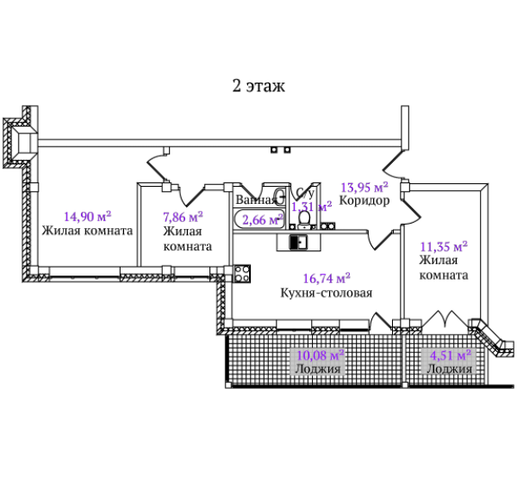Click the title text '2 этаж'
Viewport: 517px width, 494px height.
click(258, 86)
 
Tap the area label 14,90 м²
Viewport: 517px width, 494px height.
click(87, 216)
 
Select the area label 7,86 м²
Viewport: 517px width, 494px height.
click(183, 217)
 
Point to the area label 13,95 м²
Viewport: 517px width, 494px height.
click(364, 187)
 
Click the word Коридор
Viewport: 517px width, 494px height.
click(364, 201)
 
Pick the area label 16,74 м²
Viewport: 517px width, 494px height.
click(327, 278)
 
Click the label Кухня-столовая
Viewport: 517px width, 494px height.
click(327, 293)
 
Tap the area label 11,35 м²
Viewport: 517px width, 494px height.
click(444, 246)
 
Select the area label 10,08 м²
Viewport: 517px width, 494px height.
click(321, 355)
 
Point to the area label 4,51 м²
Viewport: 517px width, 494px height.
click(451, 355)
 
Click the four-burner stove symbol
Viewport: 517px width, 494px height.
click(241, 274)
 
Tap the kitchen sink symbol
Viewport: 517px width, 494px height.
click(298, 243)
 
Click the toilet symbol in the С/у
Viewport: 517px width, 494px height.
click(304, 219)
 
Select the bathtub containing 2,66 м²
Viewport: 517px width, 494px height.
click(259, 219)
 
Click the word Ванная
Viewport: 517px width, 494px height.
click(256, 200)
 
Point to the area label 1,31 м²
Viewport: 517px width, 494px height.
click(312, 207)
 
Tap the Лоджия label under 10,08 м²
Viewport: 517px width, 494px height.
click(318, 368)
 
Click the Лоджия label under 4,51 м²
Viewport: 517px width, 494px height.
click(450, 369)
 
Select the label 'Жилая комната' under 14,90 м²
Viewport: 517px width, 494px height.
click(87, 231)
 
